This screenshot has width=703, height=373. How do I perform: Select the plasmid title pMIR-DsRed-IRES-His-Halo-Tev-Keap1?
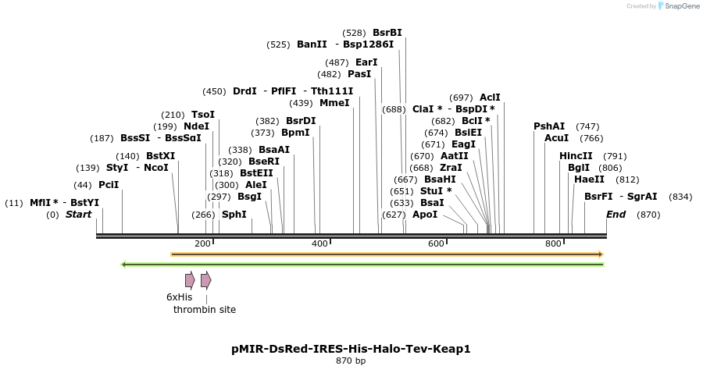pyautogui.click(x=351, y=349)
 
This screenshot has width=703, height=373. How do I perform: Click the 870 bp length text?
pyautogui.click(x=351, y=361)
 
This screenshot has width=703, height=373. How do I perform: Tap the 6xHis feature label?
pyautogui.click(x=179, y=297)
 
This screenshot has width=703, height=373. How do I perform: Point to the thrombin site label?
pyautogui.click(x=205, y=310)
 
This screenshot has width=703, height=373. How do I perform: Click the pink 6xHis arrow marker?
pyautogui.click(x=190, y=280)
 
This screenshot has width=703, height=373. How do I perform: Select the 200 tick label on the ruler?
pyautogui.click(x=203, y=244)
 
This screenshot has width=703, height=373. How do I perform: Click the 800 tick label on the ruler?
pyautogui.click(x=553, y=244)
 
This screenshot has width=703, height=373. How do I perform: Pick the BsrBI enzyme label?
pyautogui.click(x=387, y=33)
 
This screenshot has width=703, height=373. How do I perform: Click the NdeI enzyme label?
pyautogui.click(x=196, y=126)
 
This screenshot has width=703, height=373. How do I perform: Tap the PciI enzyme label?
pyautogui.click(x=109, y=185)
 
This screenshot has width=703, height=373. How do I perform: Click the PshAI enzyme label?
pyautogui.click(x=549, y=126)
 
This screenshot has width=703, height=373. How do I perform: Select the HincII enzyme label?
pyautogui.click(x=576, y=156)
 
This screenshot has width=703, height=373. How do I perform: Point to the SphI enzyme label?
pyautogui.click(x=234, y=215)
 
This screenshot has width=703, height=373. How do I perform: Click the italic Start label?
pyautogui.click(x=78, y=215)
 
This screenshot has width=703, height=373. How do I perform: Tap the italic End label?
pyautogui.click(x=616, y=215)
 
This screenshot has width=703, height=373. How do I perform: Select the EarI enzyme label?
pyautogui.click(x=366, y=62)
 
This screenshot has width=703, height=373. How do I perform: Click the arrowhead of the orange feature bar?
pyautogui.click(x=600, y=254)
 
